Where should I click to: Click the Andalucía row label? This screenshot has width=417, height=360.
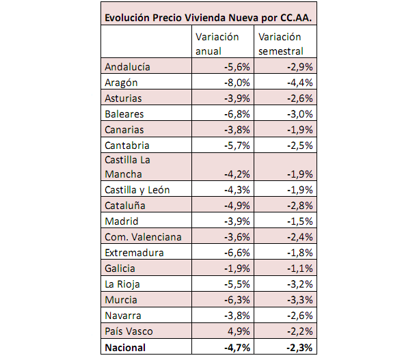pos(128,67)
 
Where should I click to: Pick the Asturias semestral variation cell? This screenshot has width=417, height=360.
pos(299,98)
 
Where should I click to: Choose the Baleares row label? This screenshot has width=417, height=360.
pos(124,114)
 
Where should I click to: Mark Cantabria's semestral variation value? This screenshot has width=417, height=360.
pos(299,146)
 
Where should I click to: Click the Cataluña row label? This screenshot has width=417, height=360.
pos(126,206)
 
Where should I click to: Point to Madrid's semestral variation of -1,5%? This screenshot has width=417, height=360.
pos(299,221)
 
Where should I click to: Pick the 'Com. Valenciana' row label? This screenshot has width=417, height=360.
pos(142,237)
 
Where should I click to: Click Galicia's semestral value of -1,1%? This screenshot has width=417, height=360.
pos(299,268)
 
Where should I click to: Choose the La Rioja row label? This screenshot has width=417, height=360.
pos(122,284)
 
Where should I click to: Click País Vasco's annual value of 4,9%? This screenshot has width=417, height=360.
pos(239,331)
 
